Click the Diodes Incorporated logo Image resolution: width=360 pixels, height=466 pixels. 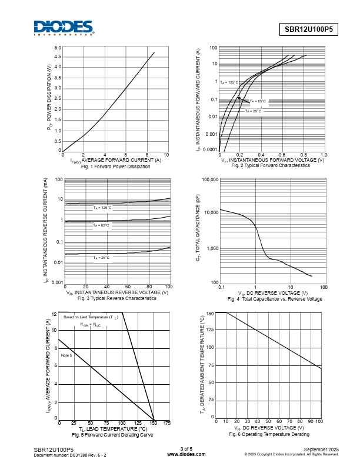coord(63,28)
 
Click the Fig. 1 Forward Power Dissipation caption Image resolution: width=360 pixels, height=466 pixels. coord(114,167)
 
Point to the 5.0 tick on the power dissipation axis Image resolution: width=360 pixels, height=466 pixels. coord(58,48)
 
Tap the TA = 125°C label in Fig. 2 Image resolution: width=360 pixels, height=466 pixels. coord(229,83)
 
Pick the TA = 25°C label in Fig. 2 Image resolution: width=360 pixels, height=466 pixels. coord(253,111)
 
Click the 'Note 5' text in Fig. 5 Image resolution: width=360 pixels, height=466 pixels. coord(66,355)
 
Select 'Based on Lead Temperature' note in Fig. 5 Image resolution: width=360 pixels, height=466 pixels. coord(91,317)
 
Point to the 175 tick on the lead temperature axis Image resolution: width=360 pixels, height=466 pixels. coord(168,424)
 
